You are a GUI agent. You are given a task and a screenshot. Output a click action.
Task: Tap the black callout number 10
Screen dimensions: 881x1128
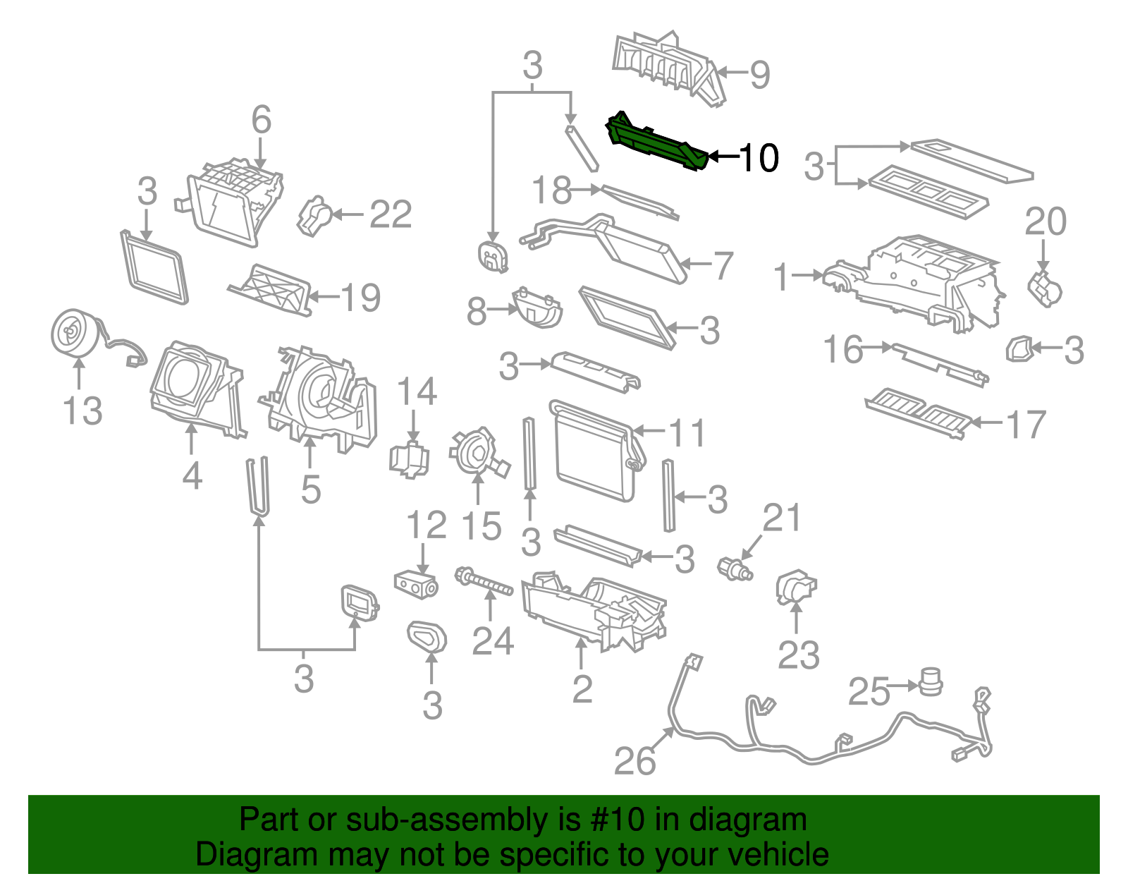click(x=759, y=157)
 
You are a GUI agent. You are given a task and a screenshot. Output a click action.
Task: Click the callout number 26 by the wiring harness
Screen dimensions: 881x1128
click(x=634, y=762)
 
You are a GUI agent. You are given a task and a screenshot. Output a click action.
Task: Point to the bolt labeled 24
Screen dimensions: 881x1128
click(x=484, y=582)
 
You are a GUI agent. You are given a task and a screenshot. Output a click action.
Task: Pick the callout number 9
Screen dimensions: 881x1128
click(x=759, y=74)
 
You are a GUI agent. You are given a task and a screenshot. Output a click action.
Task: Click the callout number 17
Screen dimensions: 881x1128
click(x=1026, y=425)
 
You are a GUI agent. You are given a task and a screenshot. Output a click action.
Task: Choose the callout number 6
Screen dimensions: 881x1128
click(x=261, y=120)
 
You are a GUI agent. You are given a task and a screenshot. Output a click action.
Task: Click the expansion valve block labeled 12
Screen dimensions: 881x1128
click(x=415, y=584)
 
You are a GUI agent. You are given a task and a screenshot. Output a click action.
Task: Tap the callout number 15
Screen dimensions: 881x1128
click(x=481, y=526)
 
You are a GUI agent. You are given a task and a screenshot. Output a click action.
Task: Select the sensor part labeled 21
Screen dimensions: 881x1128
click(x=735, y=568)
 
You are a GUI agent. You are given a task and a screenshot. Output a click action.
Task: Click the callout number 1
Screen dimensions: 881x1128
click(x=781, y=276)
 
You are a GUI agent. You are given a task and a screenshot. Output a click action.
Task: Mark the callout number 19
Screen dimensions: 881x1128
click(x=361, y=298)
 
